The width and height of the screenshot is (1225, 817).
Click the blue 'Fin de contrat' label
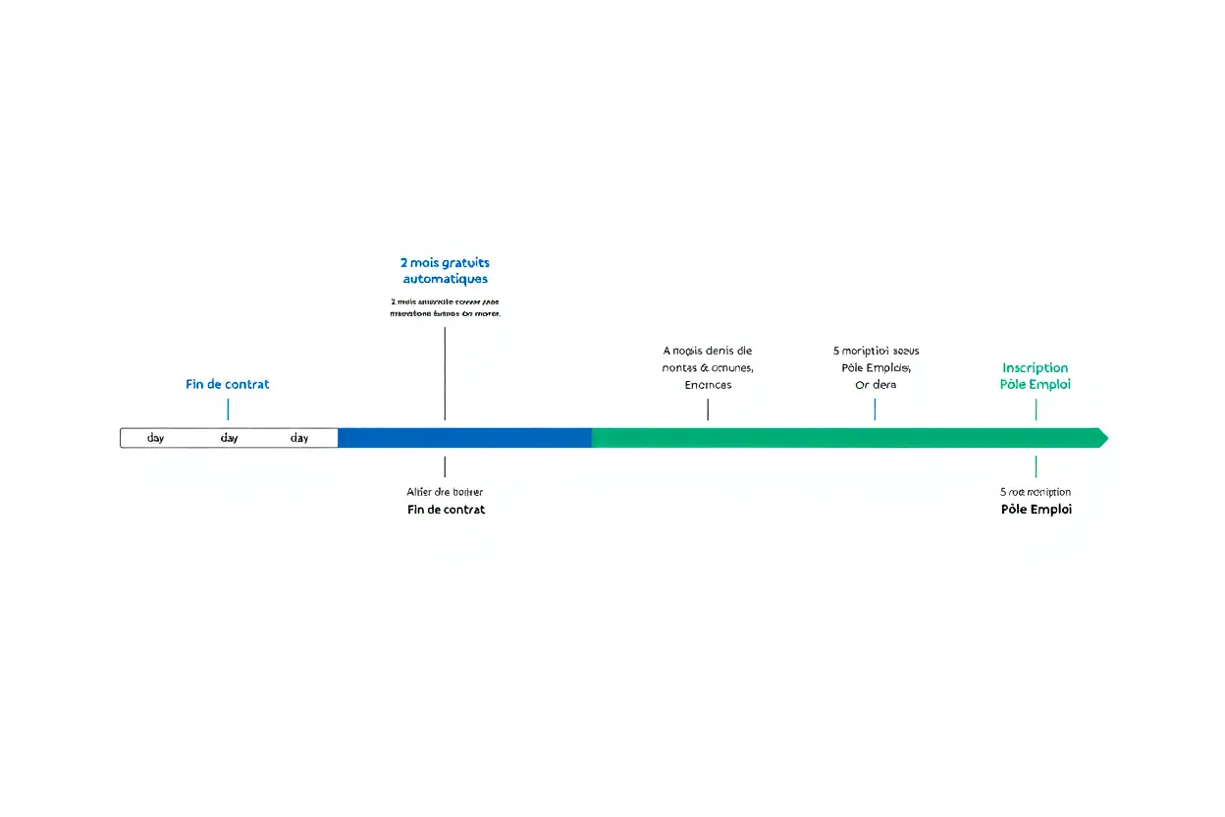pos(227,384)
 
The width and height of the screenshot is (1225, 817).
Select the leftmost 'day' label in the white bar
pos(155,438)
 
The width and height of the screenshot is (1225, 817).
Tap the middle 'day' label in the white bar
pos(229,438)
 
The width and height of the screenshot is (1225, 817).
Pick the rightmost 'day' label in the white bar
pos(299,438)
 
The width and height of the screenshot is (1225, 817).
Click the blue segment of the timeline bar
pos(464,438)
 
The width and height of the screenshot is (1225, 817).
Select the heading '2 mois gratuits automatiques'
pos(445,271)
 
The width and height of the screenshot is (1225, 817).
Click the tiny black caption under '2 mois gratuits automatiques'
pos(445,307)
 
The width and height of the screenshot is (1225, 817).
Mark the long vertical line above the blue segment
pos(445,373)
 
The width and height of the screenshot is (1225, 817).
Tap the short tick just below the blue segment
pos(445,466)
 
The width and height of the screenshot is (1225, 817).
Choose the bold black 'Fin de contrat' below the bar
pos(446,510)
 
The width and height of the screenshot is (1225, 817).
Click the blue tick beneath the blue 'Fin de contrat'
pos(228,409)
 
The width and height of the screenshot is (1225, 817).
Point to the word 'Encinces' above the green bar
pos(708,385)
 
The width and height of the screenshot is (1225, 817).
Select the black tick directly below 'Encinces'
pos(708,409)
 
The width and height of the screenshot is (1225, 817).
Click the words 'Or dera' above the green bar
pos(876,385)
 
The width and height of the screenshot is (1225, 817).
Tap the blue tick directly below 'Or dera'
pos(875,409)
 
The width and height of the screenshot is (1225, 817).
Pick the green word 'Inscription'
pos(1035,368)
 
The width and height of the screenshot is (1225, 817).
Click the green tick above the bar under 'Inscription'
pos(1036,409)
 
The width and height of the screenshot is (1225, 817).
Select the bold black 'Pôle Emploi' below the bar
pos(1036,510)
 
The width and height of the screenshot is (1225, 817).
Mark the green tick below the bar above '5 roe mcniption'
pos(1036,466)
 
